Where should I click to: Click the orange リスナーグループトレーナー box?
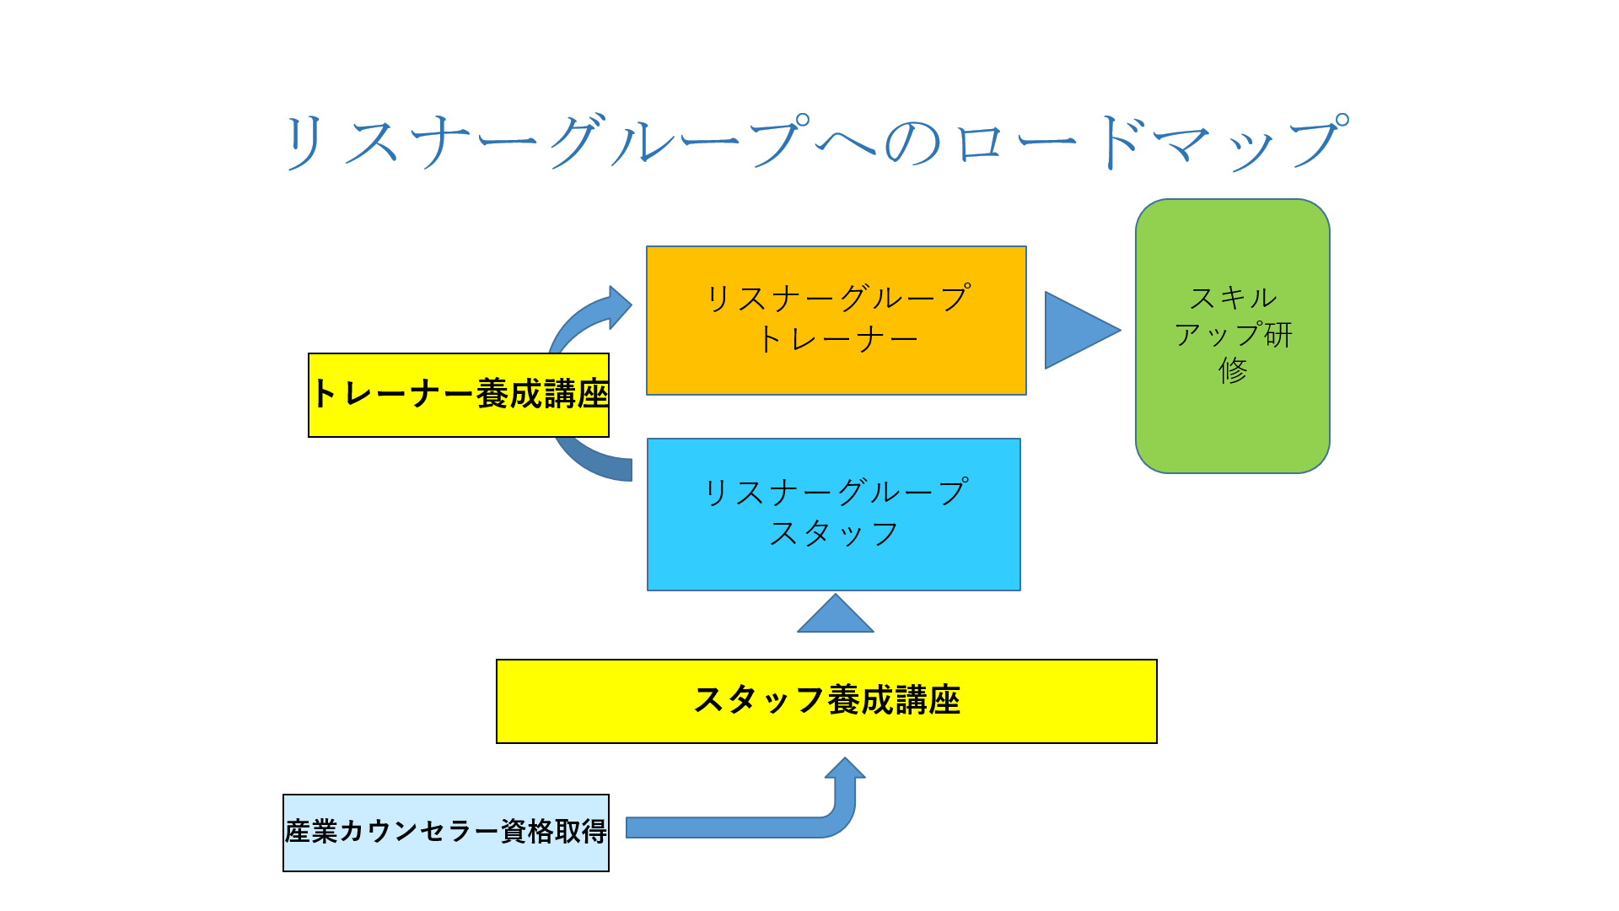click(x=836, y=321)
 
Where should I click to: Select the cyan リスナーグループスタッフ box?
click(x=834, y=515)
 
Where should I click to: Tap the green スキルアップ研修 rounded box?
click(x=1233, y=336)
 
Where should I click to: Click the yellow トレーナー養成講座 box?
click(x=459, y=395)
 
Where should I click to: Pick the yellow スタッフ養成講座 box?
click(x=826, y=701)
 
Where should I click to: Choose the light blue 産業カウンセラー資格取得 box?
click(x=446, y=833)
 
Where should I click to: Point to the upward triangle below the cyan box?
click(x=836, y=613)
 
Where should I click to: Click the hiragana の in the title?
click(x=913, y=143)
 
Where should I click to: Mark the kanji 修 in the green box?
click(x=1233, y=370)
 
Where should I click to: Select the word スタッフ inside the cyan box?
click(x=834, y=533)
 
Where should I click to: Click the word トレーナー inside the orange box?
click(x=837, y=339)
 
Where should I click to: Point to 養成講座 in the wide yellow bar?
click(x=894, y=700)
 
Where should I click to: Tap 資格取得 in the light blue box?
click(x=554, y=832)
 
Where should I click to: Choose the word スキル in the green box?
click(x=1233, y=298)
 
